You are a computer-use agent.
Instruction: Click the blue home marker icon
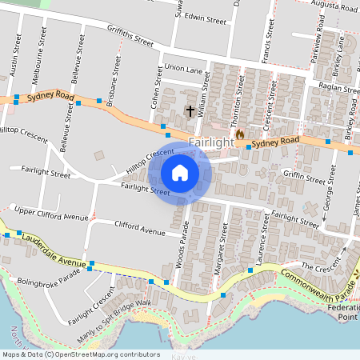[x=180, y=173]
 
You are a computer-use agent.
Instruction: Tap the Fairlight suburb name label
[x=211, y=142]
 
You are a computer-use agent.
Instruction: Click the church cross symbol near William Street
[x=190, y=110]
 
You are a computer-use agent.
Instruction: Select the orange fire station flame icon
[x=239, y=134]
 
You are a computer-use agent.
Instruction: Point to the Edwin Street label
[x=206, y=17]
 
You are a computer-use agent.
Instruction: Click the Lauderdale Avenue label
[x=54, y=250]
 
